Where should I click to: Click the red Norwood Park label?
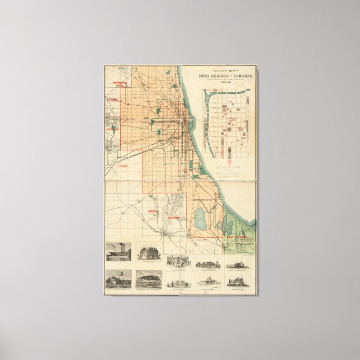coord(120,84)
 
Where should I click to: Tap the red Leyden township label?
coord(112,100)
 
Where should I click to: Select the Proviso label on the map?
coord(112,129)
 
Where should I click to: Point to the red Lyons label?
coord(123,166)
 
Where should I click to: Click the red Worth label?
coord(154,211)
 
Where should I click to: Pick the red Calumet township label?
coord(172,217)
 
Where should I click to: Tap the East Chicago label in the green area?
coord(237,237)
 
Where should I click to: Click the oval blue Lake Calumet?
coord(200,215)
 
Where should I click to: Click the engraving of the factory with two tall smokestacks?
coord(119,252)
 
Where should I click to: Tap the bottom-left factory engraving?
coord(119,278)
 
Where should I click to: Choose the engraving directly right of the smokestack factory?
coord(149,252)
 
